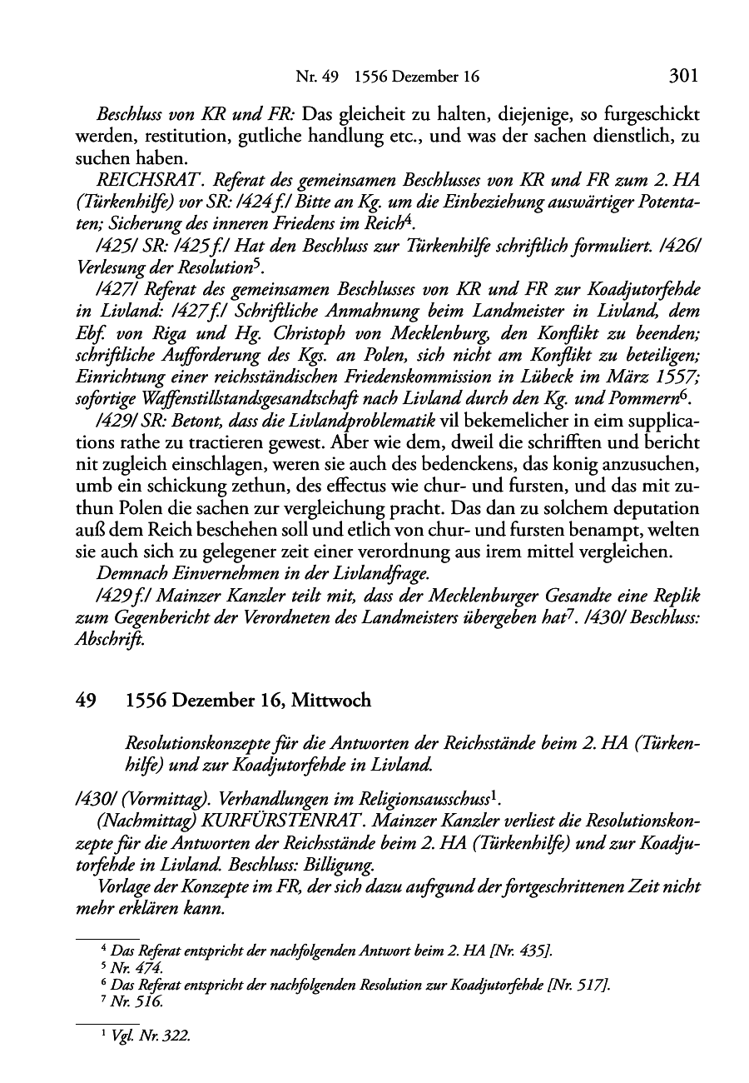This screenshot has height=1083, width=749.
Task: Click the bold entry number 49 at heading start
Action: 83,701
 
